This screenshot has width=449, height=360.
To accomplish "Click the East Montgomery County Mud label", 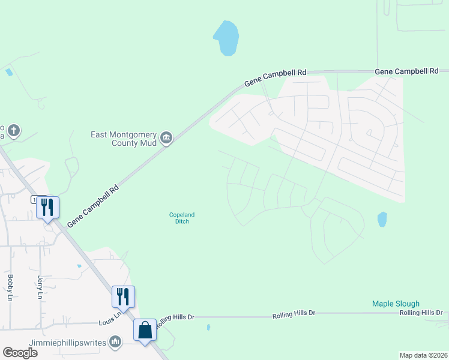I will (124, 139).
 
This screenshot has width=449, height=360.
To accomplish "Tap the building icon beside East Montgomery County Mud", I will (167, 139).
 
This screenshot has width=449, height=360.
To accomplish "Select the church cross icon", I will (14, 130).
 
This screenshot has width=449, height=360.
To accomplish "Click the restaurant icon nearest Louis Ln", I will (124, 296).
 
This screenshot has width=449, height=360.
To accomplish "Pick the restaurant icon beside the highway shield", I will (48, 207).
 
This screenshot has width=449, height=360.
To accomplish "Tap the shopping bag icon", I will (145, 329).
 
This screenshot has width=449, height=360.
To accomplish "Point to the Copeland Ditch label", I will (182, 218).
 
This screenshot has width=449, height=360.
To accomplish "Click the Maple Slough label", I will (396, 304).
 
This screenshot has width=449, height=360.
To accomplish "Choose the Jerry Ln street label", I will (40, 286).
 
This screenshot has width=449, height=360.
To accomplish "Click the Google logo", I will (20, 353).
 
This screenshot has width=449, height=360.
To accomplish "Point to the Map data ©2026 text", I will (424, 355).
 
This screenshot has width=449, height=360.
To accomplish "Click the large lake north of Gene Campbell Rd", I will (226, 38).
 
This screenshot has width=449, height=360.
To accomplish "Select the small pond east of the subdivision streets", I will (382, 220).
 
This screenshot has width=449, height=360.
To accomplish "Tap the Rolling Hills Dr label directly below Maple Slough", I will (421, 313).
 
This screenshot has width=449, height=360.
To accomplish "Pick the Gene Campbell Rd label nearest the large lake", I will (276, 77).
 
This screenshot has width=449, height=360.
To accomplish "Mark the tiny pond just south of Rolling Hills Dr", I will (208, 328).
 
